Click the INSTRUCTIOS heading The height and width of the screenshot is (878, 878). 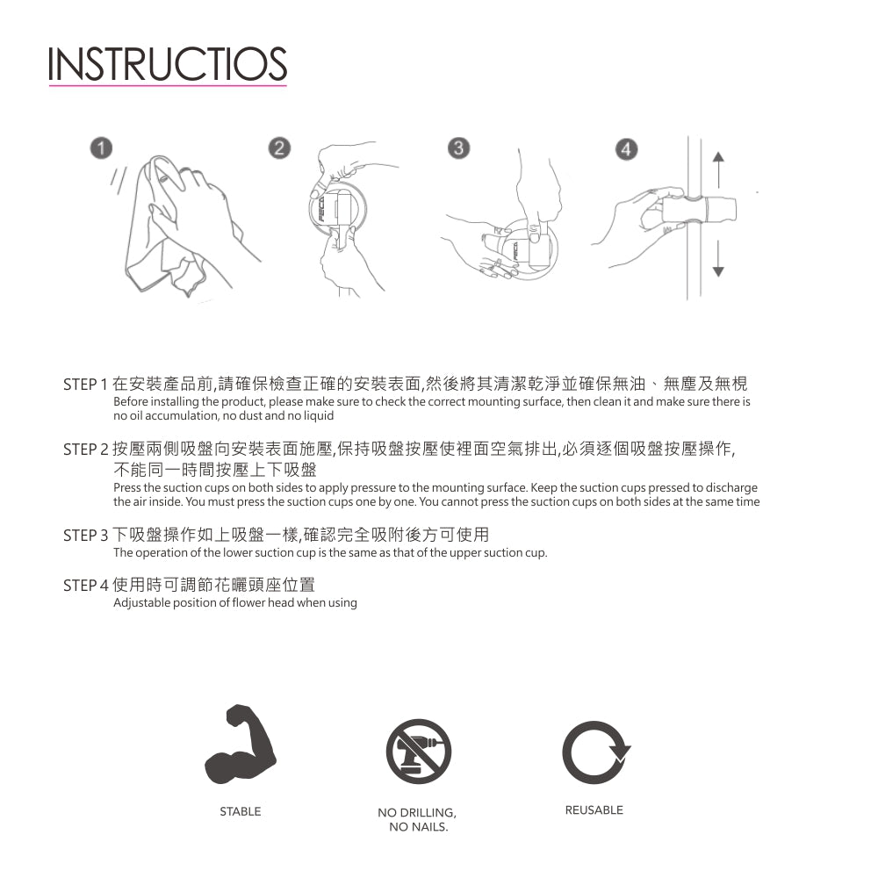[168, 64]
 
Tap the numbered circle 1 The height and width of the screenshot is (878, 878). [101, 148]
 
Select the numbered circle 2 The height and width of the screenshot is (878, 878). [280, 148]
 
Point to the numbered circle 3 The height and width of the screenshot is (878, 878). [458, 148]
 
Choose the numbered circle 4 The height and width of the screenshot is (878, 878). [627, 149]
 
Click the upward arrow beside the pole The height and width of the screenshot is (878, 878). [718, 169]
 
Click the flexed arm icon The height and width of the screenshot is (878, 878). [241, 745]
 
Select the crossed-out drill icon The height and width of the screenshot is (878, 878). [418, 752]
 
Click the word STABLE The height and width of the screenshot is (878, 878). [241, 811]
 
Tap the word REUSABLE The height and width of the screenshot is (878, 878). [594, 810]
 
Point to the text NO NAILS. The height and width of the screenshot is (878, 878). [419, 827]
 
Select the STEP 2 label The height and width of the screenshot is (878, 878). [85, 450]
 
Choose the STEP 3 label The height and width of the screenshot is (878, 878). [85, 536]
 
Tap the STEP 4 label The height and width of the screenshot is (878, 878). [85, 586]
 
